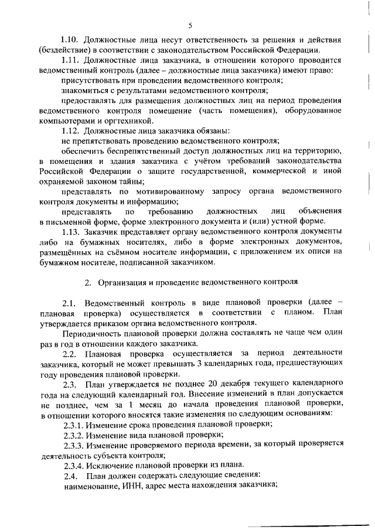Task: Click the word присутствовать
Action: (x=89, y=80)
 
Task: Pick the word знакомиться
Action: (x=84, y=90)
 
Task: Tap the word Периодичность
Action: (x=91, y=333)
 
